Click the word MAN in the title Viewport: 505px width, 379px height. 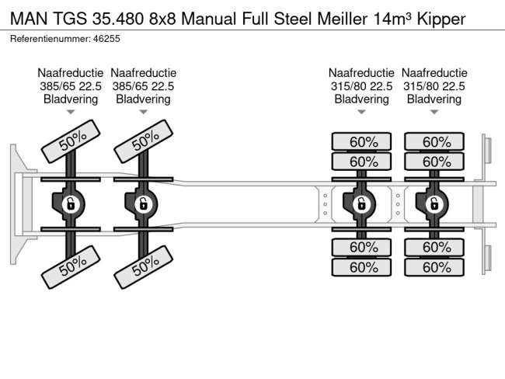pos(29,17)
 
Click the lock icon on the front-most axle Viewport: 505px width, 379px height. pos(71,204)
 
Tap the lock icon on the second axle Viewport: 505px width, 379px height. pos(143,204)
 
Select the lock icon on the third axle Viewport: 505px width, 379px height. pos(361,204)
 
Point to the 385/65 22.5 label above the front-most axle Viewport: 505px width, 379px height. pos(70,86)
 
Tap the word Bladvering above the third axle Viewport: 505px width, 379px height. pos(361,99)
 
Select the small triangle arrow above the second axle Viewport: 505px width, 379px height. pos(143,113)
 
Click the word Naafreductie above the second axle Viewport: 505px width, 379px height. pos(143,73)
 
